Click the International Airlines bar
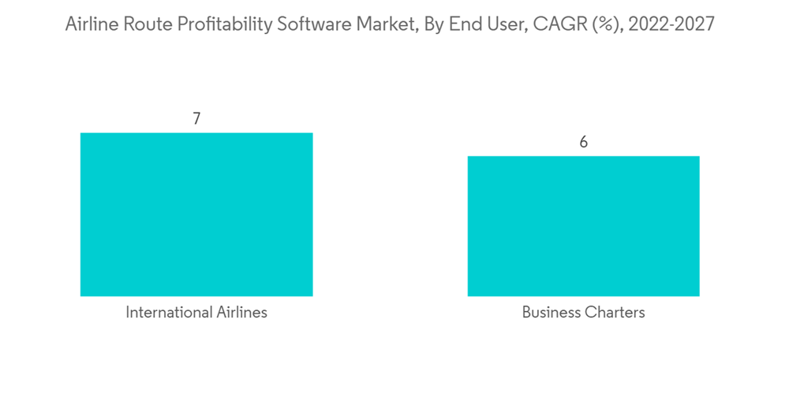click(x=196, y=214)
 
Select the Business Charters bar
click(x=583, y=226)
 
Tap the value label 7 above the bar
click(x=196, y=119)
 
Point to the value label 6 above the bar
click(x=584, y=143)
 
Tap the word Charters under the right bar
click(x=615, y=313)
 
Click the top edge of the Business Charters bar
click(x=583, y=157)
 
